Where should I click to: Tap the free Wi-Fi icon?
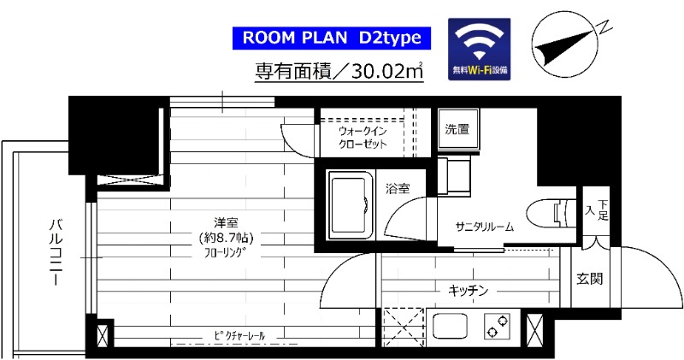pos(479,50)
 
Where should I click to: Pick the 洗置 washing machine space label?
pos(457,130)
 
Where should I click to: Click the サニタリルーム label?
pos(484,227)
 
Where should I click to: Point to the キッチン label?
pos(468,292)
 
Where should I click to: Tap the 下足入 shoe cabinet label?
pos(595,210)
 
